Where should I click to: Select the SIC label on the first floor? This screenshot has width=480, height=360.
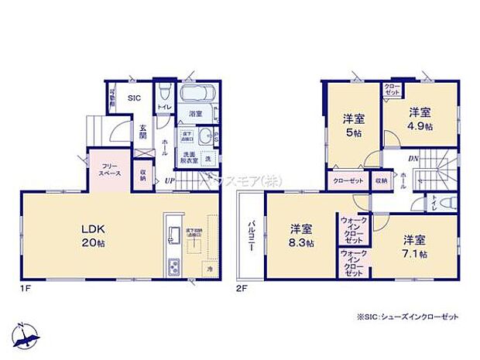click(134, 98)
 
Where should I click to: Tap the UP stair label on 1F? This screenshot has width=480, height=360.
click(168, 182)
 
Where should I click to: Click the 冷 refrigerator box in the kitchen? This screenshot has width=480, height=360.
click(209, 268)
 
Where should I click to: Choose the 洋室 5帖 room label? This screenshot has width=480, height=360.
click(355, 125)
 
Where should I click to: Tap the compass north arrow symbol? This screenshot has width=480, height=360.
click(28, 332)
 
